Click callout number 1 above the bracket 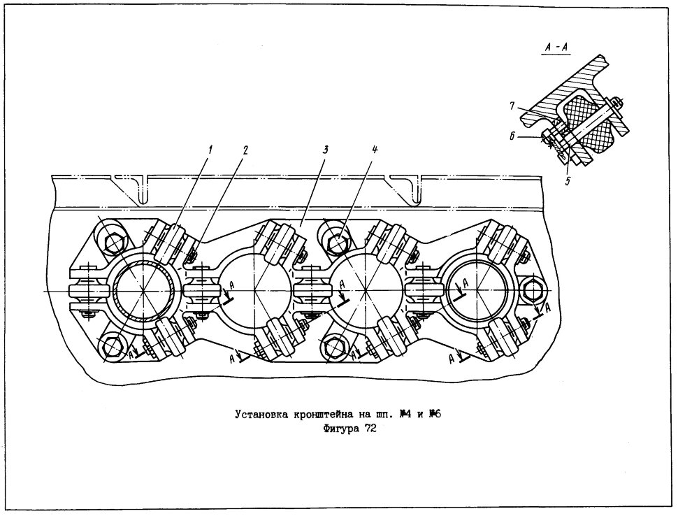coord(210,150)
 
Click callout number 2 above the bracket coord(245,150)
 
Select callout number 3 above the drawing coord(325,150)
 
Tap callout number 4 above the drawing coord(375,150)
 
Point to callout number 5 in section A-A coord(568,181)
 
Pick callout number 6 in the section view coord(511,136)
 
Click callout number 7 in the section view coord(512,106)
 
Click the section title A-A coord(556,49)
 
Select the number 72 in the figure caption coord(370,429)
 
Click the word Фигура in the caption coord(340,429)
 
